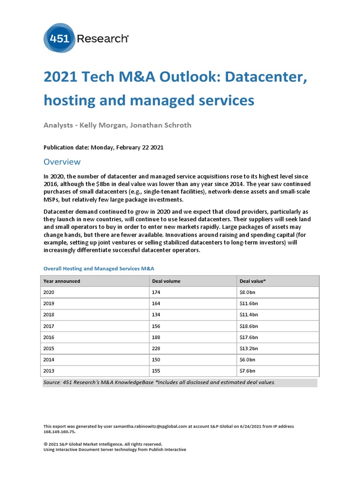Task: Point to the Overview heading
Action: tap(62, 162)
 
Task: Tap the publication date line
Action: tap(103, 147)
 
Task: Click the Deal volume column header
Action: tap(166, 281)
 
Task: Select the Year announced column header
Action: tap(61, 281)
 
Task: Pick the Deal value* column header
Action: tap(253, 281)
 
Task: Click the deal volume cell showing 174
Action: tap(157, 292)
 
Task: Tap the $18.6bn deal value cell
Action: tap(249, 326)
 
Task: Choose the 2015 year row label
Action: tap(49, 348)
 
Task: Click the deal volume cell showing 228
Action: tap(157, 348)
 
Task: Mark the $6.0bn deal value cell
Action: tap(248, 360)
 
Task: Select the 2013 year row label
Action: tap(49, 371)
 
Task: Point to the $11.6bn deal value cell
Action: tap(249, 303)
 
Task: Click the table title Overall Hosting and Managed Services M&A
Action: tap(98, 269)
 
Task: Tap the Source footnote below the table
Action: tap(159, 382)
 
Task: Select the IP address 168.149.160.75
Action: tap(59, 432)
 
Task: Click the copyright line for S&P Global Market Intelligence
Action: tap(102, 444)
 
